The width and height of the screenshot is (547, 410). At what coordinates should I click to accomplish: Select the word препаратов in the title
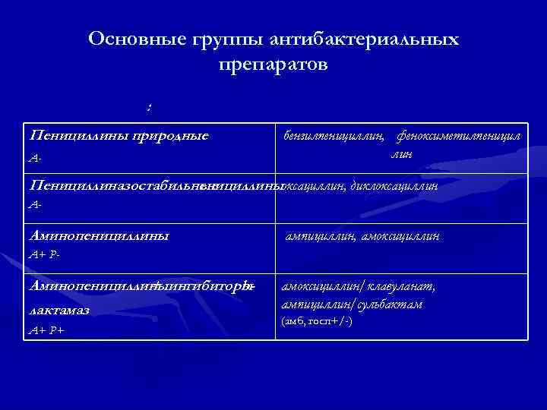click(273, 65)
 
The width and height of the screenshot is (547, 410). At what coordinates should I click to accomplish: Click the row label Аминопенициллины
click(98, 235)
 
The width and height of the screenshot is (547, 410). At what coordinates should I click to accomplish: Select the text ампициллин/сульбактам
click(352, 304)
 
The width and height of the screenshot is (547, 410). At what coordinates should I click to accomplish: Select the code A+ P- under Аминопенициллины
click(43, 254)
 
